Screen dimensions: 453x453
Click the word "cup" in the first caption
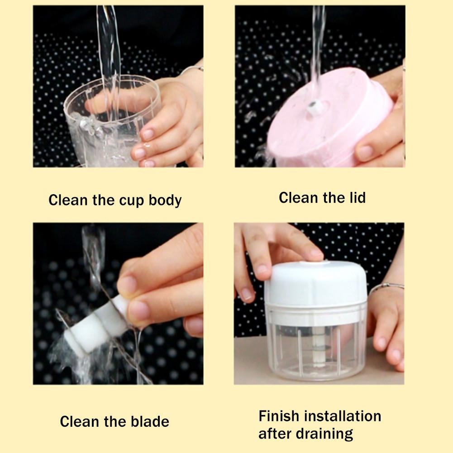click(133, 200)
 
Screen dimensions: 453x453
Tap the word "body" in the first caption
click(165, 200)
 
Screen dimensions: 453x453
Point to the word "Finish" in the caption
click(280, 416)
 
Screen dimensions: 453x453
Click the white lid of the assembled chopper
click(315, 285)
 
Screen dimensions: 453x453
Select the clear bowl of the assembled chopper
click(315, 348)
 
